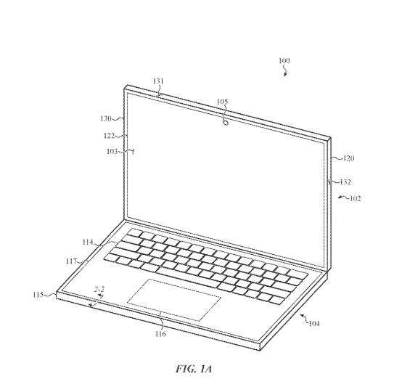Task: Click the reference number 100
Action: (284, 60)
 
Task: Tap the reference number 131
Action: (158, 81)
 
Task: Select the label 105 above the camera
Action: (222, 102)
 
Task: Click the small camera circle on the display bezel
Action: (226, 123)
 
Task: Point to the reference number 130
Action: (106, 118)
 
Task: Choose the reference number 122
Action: (110, 135)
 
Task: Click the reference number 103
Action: (112, 152)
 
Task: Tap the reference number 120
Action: (349, 158)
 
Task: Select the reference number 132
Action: (345, 182)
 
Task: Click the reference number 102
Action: (356, 198)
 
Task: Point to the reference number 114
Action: (88, 242)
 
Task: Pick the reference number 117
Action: (71, 261)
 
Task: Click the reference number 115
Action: (38, 295)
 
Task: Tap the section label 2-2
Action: (99, 290)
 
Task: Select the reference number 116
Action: (160, 334)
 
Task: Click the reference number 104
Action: (314, 324)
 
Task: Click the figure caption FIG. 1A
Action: (194, 369)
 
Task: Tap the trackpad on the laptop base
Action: (174, 300)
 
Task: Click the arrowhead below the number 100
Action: (285, 74)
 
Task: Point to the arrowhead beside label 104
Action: (302, 315)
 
